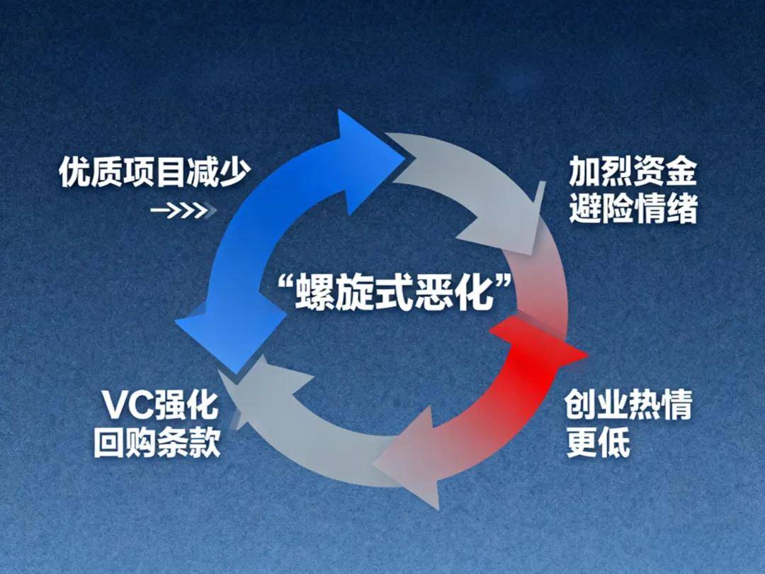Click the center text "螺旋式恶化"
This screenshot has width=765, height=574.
(394, 293)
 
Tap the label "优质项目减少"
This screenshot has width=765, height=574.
(155, 172)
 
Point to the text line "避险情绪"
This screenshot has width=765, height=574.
(633, 209)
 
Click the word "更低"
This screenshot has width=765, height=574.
(598, 444)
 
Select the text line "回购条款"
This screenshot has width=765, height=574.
(157, 444)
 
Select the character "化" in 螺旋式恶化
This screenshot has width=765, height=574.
(475, 293)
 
